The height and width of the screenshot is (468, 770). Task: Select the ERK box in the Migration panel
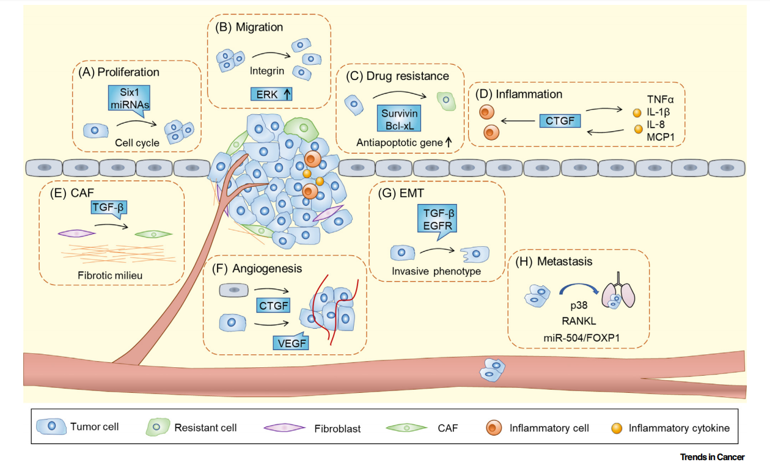coord(271,93)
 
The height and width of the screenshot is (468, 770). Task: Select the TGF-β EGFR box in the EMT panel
coord(438,222)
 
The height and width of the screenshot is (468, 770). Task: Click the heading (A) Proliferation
coord(119,72)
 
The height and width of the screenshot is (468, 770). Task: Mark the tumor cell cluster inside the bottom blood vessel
coord(492,370)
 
